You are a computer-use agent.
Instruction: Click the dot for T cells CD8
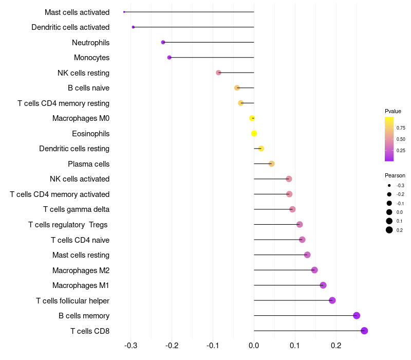coord(364,331)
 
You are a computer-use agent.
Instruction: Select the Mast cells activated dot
coord(124,12)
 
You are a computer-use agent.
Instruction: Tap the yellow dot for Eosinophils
coord(254,134)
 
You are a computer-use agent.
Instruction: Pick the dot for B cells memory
coord(357,316)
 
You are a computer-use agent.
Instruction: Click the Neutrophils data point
coord(163,42)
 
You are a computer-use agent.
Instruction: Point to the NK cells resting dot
coord(218,73)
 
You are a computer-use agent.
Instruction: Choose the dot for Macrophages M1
coord(323,285)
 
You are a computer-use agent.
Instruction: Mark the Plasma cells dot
coord(272,164)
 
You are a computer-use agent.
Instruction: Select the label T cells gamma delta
coord(76,209)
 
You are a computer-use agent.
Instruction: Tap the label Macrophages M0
coord(81,118)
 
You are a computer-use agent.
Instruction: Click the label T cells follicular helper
coord(72,300)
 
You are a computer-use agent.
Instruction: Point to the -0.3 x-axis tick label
coord(130,345)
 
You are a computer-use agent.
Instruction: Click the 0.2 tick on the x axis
coord(336,345)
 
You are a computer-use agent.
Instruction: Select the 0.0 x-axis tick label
coord(254,345)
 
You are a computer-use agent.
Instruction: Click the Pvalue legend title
coord(393,111)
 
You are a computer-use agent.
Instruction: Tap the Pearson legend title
coord(395,175)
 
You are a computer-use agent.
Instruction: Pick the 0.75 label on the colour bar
coord(401,128)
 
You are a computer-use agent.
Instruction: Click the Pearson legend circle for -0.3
coord(389,185)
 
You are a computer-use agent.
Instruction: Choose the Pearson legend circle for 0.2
coord(389,230)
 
